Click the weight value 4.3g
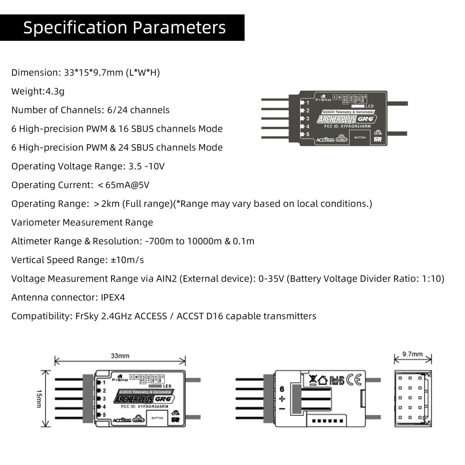pos(55,91)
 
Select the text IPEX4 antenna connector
pos(113,297)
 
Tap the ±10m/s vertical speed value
pos(127,260)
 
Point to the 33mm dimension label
pos(120,356)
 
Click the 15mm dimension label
pos(39,398)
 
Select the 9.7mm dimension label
pos(412,354)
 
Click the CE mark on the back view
pos(354,380)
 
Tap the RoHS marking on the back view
pos(337,381)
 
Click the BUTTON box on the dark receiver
pos(360,137)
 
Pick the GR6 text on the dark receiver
pos(366,119)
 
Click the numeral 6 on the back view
pos(282,389)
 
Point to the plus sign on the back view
pos(282,399)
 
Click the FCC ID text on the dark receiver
pos(347,126)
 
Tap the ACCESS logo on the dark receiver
pos(325,140)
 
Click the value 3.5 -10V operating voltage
pos(146,166)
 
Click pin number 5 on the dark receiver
pos(308,134)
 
